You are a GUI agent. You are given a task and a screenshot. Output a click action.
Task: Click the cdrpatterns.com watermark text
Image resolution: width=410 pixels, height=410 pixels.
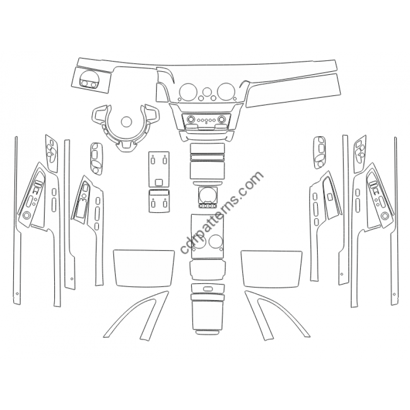point(222,212)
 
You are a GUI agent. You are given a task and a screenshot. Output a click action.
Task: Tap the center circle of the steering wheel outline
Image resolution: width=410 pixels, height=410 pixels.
point(127,121)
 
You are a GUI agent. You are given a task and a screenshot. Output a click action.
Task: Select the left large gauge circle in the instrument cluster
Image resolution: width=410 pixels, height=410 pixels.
point(188,91)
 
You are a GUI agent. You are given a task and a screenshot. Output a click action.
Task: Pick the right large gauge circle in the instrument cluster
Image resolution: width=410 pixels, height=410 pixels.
point(227,91)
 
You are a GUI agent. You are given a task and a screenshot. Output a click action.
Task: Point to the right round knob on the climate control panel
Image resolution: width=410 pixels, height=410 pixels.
point(222,119)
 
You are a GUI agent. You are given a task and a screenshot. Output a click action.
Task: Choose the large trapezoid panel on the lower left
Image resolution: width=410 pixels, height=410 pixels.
point(144,268)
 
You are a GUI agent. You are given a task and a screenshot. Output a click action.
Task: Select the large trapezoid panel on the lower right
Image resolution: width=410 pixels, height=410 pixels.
point(272,268)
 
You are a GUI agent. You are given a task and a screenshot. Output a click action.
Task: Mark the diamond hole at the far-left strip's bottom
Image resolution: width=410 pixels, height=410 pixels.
point(17,293)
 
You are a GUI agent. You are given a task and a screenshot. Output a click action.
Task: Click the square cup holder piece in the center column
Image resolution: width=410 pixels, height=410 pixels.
point(208,195)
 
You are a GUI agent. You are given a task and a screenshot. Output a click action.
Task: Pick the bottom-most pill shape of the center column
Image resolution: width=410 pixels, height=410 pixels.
point(208,333)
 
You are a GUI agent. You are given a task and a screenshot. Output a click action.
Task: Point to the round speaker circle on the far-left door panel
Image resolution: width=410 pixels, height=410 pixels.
point(26,215)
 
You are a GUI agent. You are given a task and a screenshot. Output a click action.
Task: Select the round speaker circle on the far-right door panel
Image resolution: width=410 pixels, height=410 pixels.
point(385,216)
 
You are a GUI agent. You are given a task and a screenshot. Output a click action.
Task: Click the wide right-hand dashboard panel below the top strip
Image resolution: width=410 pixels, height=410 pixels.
point(293,91)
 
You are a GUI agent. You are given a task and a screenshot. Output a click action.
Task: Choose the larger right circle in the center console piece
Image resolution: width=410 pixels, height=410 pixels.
point(216,241)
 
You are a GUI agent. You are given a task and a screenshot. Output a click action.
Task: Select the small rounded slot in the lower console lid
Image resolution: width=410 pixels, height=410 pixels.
point(208,289)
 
